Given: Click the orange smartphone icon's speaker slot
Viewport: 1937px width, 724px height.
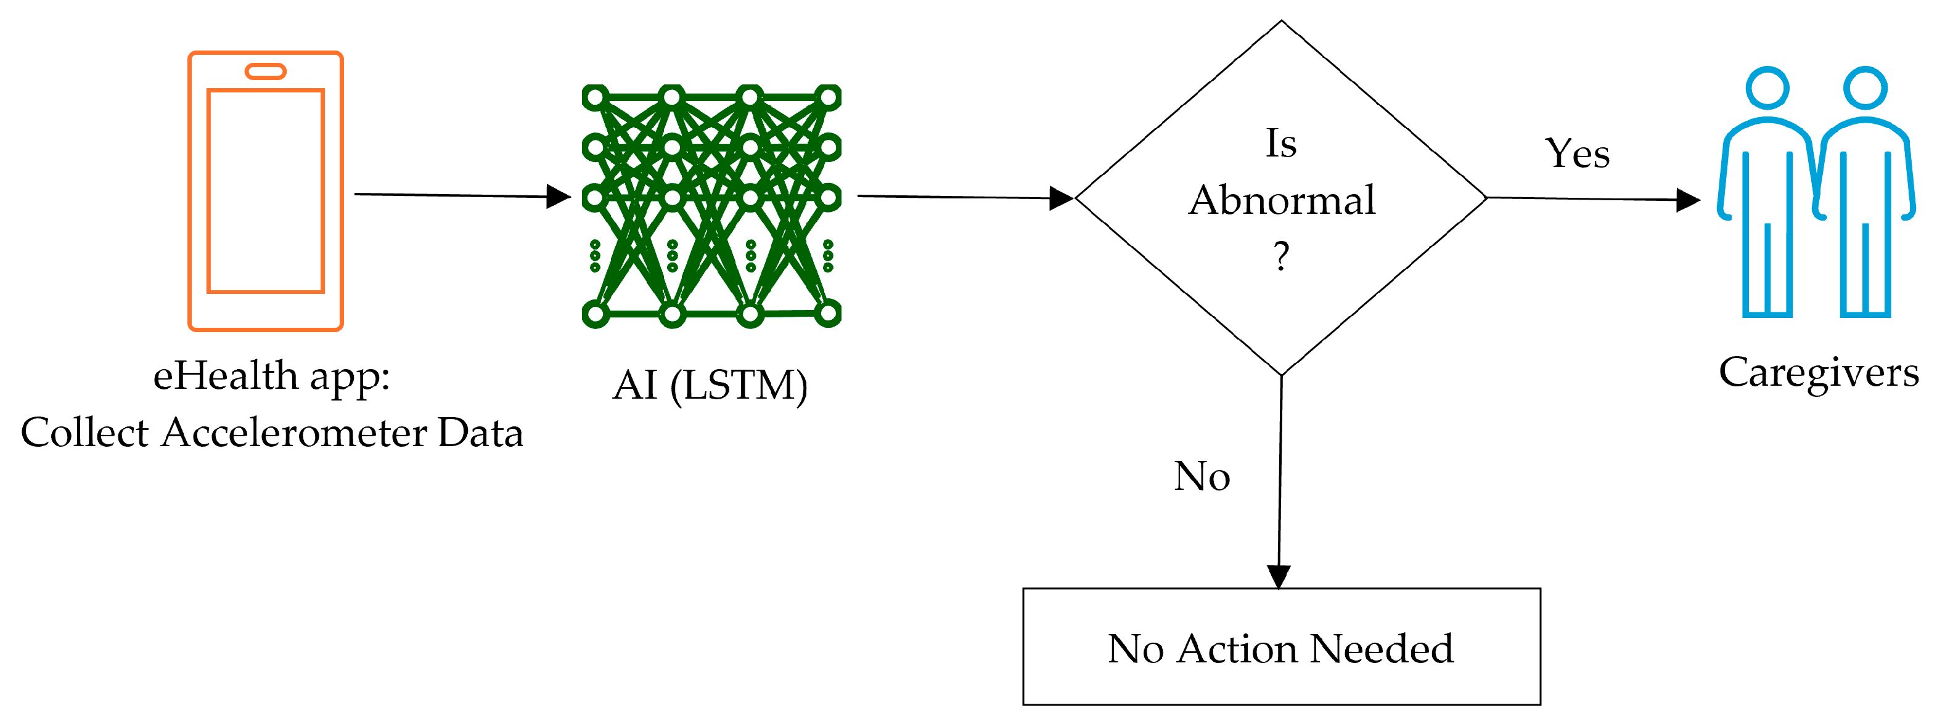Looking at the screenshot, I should pyautogui.click(x=266, y=71).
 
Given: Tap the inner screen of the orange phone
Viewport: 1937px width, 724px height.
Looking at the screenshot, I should pyautogui.click(x=266, y=191).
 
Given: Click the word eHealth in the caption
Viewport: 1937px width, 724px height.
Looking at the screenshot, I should pyautogui.click(x=225, y=375).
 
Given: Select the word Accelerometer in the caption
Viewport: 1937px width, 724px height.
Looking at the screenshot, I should pyautogui.click(x=293, y=433).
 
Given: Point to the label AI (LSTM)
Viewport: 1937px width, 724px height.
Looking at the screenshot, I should pyautogui.click(x=710, y=386).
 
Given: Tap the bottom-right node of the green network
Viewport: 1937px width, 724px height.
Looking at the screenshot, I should pyautogui.click(x=828, y=313).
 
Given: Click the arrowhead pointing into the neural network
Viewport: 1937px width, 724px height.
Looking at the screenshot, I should pyautogui.click(x=558, y=197).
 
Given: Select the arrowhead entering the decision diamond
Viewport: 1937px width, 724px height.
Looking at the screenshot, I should pyautogui.click(x=1061, y=198).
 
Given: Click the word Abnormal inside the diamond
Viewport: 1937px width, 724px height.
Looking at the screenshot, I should pyautogui.click(x=1282, y=201).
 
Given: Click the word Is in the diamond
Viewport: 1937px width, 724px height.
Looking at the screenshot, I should pyautogui.click(x=1281, y=144).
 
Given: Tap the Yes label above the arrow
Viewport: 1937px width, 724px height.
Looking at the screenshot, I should pyautogui.click(x=1577, y=154).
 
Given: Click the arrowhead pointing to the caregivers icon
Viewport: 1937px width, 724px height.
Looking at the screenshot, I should pyautogui.click(x=1688, y=200).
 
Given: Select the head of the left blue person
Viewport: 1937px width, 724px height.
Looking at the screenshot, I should pyautogui.click(x=1767, y=89).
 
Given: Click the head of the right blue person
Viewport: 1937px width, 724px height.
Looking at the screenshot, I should pyautogui.click(x=1865, y=89).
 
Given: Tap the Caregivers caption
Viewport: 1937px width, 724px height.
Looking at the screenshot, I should pyautogui.click(x=1818, y=373).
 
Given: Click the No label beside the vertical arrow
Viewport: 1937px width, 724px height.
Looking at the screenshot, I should pyautogui.click(x=1202, y=477).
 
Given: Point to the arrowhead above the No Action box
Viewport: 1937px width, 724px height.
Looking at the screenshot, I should pyautogui.click(x=1279, y=576).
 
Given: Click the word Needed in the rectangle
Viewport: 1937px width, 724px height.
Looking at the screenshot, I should pyautogui.click(x=1382, y=649).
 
